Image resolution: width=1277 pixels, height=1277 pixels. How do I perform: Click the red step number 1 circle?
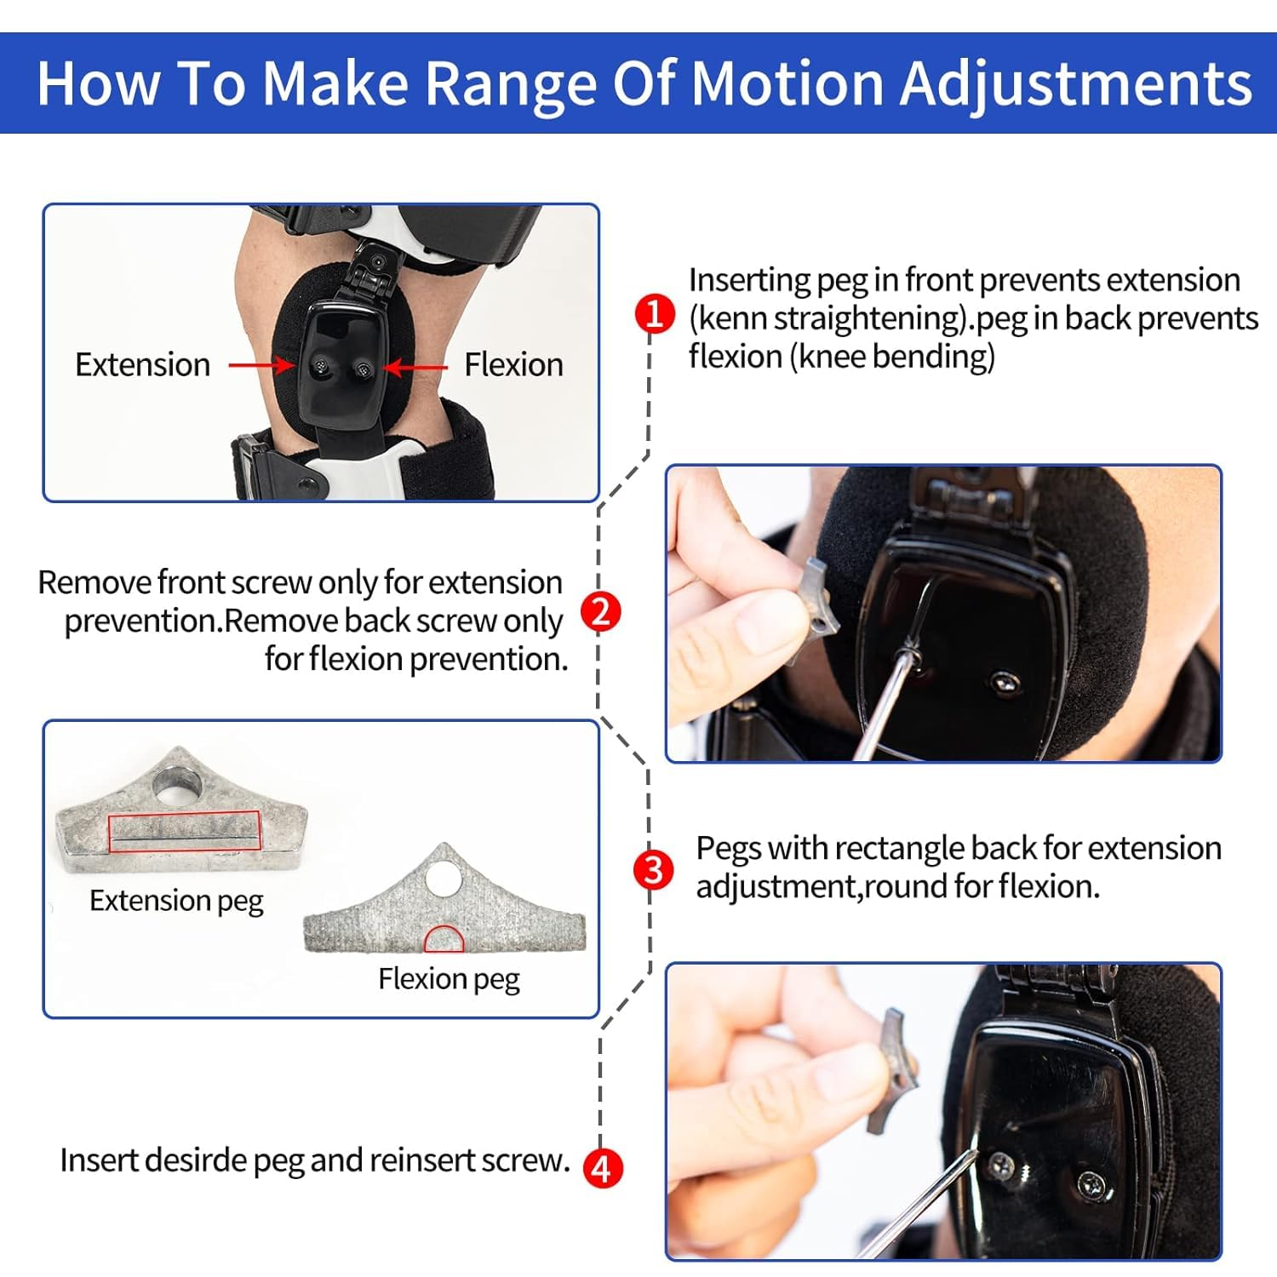(655, 314)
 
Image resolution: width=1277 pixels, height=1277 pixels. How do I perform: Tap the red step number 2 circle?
(601, 612)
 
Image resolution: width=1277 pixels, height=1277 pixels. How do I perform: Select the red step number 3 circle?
(653, 870)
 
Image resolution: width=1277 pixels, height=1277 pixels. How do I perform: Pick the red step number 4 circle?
(602, 1168)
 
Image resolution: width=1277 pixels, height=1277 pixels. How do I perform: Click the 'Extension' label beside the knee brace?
(142, 365)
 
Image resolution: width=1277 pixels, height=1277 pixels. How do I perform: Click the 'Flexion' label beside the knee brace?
(513, 365)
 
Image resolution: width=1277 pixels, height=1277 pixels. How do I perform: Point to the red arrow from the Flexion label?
(415, 367)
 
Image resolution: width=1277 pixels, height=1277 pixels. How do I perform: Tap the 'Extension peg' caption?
(176, 901)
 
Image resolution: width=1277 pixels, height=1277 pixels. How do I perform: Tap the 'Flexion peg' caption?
(449, 979)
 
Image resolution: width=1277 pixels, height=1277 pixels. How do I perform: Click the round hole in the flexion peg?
(444, 879)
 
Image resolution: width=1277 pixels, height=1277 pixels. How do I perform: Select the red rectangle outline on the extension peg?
(184, 831)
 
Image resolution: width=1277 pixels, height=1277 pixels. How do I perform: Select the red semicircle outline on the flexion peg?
(444, 939)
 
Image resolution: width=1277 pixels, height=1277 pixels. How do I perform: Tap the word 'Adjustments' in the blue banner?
(1076, 83)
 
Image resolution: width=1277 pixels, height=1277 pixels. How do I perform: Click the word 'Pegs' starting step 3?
(729, 849)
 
